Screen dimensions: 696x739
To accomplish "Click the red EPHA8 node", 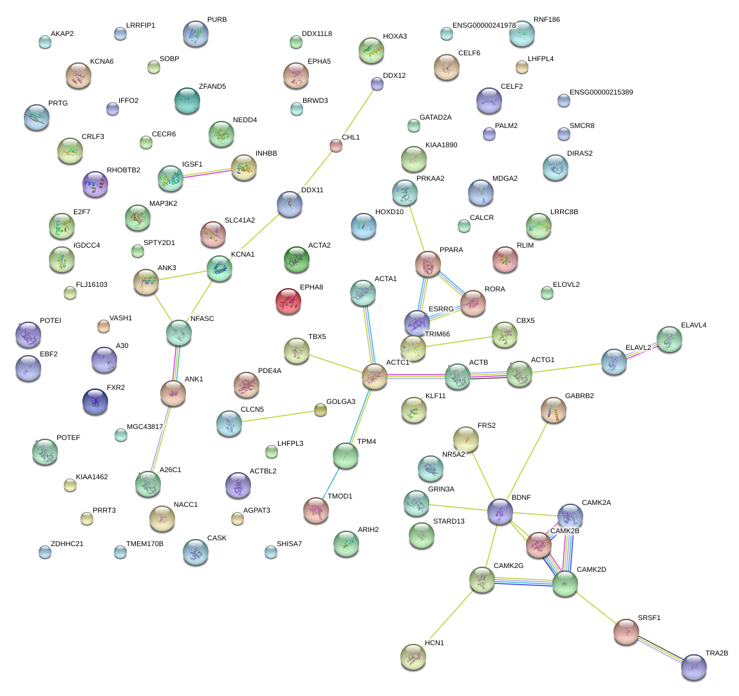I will click(x=288, y=300).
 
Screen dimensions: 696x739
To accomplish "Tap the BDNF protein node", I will click(x=500, y=511).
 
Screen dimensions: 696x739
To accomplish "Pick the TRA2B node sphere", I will click(x=693, y=666).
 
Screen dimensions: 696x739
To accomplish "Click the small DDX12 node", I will click(x=377, y=83).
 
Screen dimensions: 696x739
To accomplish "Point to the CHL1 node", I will click(x=336, y=145).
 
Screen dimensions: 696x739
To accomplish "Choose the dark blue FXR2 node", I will click(x=95, y=401).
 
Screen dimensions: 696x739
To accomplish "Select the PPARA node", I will click(x=428, y=263).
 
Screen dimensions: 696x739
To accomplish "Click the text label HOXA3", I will click(x=395, y=37).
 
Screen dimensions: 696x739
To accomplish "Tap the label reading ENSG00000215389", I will click(x=601, y=93).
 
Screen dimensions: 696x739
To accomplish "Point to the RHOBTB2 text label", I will click(x=124, y=170).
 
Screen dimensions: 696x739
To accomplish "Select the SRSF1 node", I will click(x=626, y=631).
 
